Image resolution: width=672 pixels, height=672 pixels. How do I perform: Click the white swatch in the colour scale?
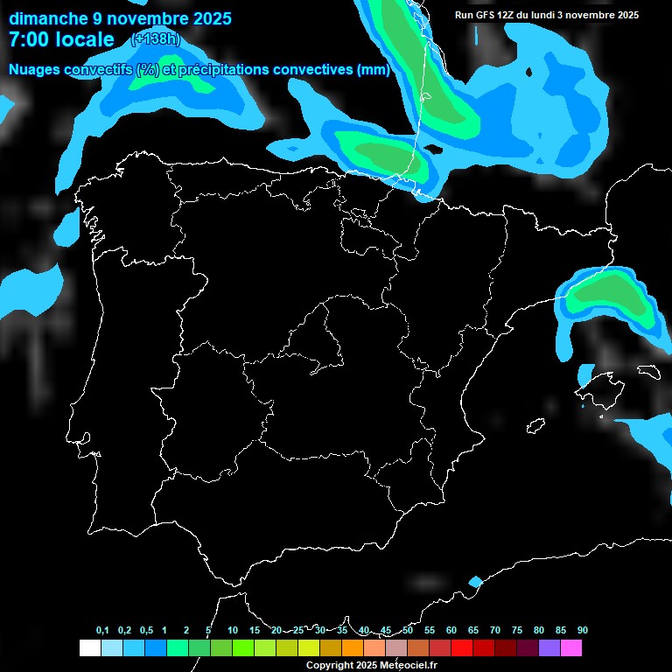tap(89, 648)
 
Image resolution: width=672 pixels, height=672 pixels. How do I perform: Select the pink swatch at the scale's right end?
tap(571, 648)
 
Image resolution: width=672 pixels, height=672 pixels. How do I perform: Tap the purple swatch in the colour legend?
tap(549, 648)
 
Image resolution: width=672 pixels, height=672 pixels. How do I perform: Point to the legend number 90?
tap(583, 631)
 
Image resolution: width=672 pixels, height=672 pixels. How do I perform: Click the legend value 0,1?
tap(102, 631)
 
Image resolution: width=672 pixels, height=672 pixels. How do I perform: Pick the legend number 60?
tap(451, 631)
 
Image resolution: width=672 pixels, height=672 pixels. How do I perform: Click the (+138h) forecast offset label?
tap(155, 39)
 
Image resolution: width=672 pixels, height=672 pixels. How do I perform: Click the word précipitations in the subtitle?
tap(222, 70)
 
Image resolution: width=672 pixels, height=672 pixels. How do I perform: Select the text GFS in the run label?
tap(483, 15)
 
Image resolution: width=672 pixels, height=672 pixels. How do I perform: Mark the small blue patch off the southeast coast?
tap(475, 582)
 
